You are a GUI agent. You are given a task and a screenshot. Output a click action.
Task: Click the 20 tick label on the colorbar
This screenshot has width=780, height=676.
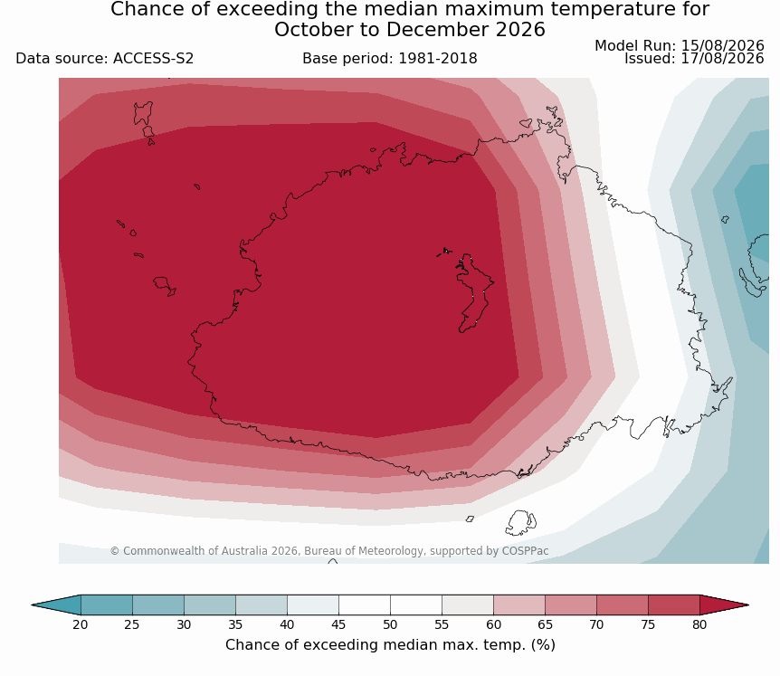coord(81,624)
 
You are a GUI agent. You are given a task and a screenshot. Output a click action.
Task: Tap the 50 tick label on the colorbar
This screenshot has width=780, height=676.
coord(390,624)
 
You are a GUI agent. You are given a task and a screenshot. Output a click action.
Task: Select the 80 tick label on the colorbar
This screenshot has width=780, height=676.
coord(699,624)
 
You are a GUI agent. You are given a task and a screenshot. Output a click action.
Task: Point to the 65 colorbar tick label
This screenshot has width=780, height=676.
coord(545,624)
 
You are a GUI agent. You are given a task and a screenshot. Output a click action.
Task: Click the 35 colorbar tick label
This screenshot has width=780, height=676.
coord(235,624)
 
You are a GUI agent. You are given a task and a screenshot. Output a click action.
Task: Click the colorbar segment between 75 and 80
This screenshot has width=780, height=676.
coord(674,605)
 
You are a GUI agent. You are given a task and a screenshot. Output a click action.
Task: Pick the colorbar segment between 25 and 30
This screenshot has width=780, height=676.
coord(158,605)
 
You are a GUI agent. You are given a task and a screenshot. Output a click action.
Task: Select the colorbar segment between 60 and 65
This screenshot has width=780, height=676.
coord(519,605)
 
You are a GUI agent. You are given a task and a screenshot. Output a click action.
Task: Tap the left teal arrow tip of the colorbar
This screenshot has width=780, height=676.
coord(32,605)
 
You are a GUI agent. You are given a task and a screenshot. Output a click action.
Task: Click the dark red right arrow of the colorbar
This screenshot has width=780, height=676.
coord(724,605)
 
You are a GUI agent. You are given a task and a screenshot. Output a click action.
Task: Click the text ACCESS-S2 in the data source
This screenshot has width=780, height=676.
coord(153,59)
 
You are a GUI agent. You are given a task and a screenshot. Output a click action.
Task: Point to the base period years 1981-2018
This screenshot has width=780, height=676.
coord(438,59)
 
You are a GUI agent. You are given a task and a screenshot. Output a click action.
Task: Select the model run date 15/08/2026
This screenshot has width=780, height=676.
coord(722,46)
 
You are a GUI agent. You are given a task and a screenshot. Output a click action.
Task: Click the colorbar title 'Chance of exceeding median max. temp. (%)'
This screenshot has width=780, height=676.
coord(390,645)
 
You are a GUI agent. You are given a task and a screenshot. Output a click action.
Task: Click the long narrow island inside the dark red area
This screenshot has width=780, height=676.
coord(472,293)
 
